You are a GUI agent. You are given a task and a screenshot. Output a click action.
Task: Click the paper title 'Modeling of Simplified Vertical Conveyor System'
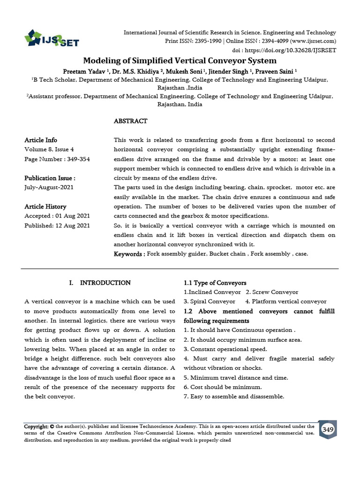[180, 61]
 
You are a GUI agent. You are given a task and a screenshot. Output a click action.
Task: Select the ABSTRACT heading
[131, 121]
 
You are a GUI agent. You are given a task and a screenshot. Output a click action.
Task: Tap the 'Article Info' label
[41, 140]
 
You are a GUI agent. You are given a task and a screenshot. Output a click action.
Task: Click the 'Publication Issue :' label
[50, 178]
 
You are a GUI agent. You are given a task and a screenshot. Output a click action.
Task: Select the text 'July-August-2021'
[49, 187]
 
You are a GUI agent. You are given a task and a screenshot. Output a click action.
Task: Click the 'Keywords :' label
[129, 254]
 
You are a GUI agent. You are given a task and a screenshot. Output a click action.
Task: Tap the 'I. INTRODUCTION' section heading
[99, 283]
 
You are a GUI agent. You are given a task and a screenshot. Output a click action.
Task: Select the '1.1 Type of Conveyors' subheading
[215, 283]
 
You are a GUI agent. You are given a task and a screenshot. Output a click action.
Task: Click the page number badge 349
[328, 429]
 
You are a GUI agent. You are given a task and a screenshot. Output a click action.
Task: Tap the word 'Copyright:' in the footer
[37, 427]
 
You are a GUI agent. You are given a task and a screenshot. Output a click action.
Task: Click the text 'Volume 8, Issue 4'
[49, 150]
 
